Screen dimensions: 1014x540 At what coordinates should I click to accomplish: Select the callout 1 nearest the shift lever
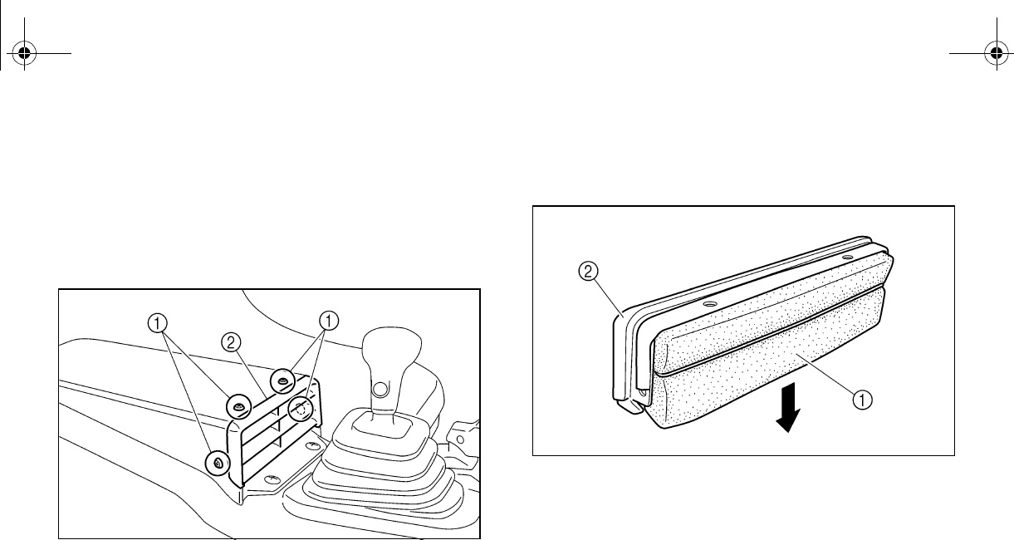(330, 320)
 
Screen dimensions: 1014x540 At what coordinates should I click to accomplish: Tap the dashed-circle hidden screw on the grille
(301, 409)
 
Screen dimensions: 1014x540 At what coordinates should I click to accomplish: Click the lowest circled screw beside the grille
(218, 462)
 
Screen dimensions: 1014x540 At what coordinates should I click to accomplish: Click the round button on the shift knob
(381, 388)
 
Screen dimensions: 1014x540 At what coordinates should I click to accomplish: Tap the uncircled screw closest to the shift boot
(312, 447)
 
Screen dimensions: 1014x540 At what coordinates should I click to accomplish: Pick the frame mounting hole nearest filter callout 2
(708, 305)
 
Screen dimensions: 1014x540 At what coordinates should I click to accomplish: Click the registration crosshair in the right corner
(996, 56)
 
